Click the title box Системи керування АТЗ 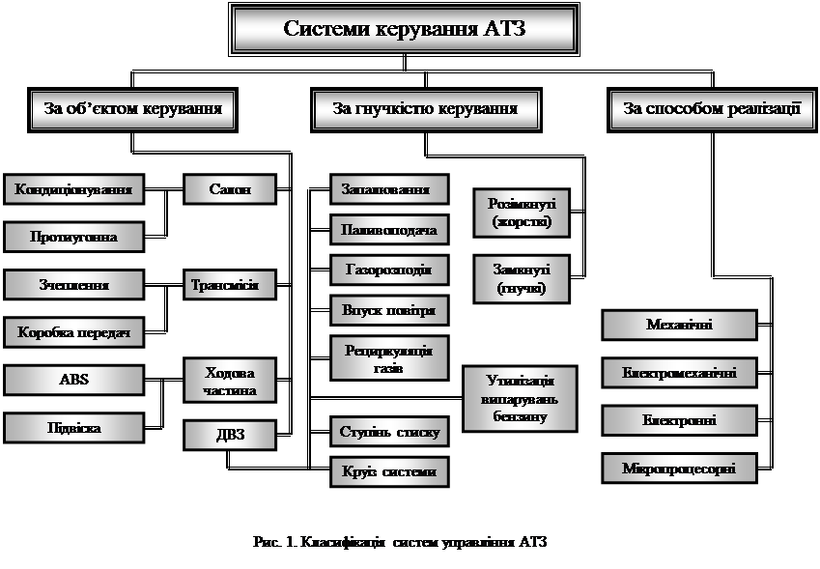(x=405, y=28)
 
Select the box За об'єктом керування (x=133, y=108)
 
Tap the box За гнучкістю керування (x=425, y=108)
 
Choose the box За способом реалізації (x=712, y=108)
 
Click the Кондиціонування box (x=74, y=188)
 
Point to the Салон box (x=230, y=188)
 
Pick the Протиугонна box (x=74, y=237)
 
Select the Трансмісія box (x=230, y=285)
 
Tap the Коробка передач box (x=74, y=333)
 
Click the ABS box (x=74, y=379)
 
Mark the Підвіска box (x=74, y=427)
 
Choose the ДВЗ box (x=230, y=435)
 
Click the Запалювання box (x=389, y=188)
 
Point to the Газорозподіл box (x=389, y=270)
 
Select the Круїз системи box (x=389, y=471)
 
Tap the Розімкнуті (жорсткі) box (x=522, y=213)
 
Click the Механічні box (x=679, y=325)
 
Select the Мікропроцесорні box (x=679, y=469)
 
